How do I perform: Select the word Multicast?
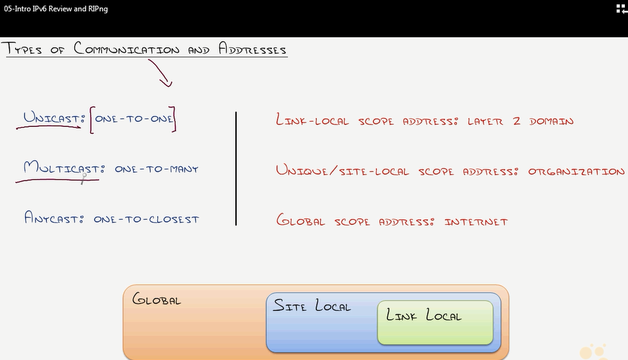(61, 169)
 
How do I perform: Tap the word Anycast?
(54, 219)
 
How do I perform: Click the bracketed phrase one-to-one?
(134, 119)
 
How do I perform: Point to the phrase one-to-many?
(157, 169)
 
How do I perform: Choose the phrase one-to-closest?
(146, 219)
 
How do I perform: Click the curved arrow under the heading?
(160, 73)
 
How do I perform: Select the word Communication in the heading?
(126, 49)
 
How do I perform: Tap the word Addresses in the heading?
(252, 49)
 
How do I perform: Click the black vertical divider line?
(236, 168)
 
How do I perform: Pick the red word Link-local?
(312, 120)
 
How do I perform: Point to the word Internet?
(476, 222)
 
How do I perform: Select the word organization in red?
(576, 171)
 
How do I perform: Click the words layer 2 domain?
(520, 121)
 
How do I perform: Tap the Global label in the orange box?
(156, 299)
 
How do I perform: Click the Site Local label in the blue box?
(311, 306)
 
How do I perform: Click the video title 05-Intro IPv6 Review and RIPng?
(56, 9)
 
